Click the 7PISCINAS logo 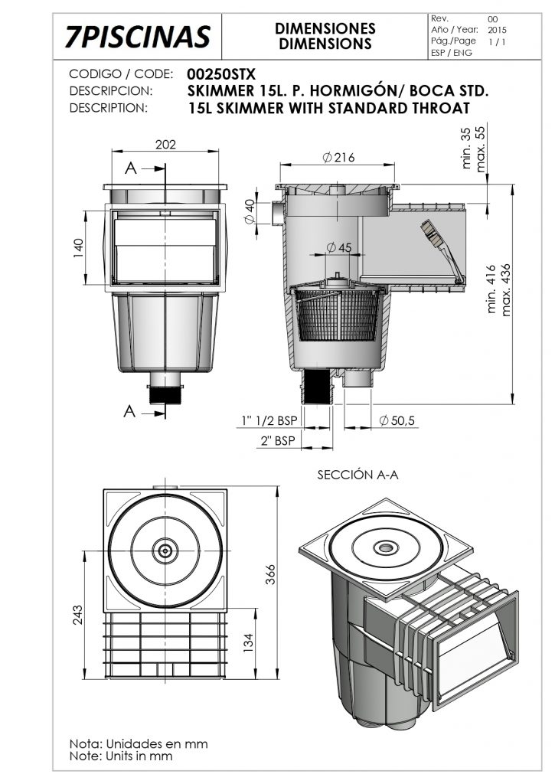138,36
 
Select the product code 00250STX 222,74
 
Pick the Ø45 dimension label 338,247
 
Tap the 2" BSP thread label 278,441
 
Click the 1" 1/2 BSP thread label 269,420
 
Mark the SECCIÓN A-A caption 357,475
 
